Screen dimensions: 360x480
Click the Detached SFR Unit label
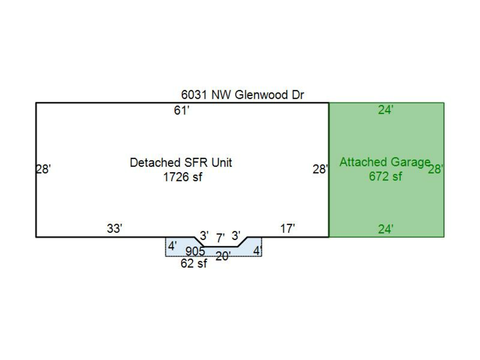(x=181, y=163)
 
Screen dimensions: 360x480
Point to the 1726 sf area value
(x=182, y=177)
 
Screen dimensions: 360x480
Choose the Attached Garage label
(x=385, y=162)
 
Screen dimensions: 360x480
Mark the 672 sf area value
(x=385, y=176)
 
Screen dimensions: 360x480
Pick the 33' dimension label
(x=115, y=229)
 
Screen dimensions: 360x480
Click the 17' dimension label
(x=287, y=229)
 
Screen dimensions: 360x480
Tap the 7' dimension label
(x=220, y=238)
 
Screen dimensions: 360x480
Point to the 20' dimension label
(x=223, y=257)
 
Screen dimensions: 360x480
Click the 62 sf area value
(x=194, y=263)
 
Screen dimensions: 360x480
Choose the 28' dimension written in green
(x=435, y=170)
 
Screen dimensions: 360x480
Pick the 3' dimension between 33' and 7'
(x=204, y=235)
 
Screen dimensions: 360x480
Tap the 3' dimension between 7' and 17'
(x=236, y=235)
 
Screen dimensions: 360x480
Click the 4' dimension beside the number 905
(x=173, y=246)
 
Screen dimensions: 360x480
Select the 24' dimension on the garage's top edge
(x=386, y=110)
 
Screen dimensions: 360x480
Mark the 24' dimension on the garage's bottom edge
(x=386, y=229)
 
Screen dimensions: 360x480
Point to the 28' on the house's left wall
(x=43, y=170)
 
